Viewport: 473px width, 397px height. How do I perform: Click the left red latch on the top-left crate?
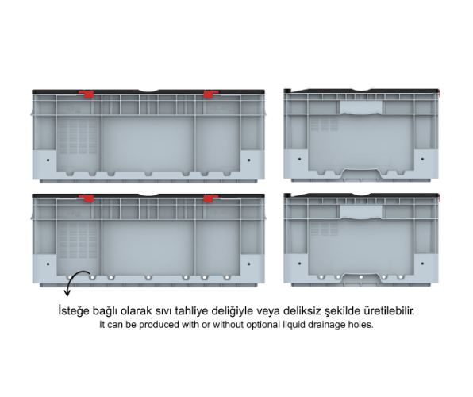87,94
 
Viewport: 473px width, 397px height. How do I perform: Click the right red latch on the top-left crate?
210,94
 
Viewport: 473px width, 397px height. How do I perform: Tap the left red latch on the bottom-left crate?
87,198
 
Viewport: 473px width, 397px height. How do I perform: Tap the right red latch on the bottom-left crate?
210,198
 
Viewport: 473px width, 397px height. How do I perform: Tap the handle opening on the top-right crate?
361,107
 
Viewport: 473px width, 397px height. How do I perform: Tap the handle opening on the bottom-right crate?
361,211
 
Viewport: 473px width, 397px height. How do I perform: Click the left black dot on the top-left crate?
48,160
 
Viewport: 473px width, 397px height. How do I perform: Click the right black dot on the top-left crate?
249,160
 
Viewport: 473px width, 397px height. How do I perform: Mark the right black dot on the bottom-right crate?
422,264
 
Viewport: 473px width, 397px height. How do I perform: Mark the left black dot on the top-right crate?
299,159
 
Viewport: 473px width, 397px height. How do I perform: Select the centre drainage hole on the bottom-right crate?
361,277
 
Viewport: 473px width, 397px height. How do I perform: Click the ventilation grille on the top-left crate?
78,136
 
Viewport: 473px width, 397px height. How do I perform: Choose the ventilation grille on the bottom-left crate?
78,240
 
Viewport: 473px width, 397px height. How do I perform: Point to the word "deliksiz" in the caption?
298,310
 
